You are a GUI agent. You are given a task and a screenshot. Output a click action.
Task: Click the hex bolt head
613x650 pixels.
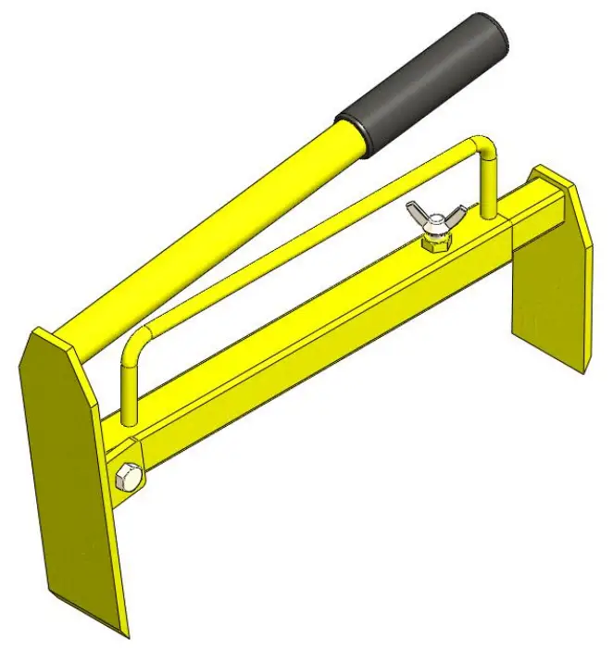point(128,479)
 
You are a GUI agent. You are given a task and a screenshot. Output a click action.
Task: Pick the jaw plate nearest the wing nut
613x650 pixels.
point(551,278)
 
